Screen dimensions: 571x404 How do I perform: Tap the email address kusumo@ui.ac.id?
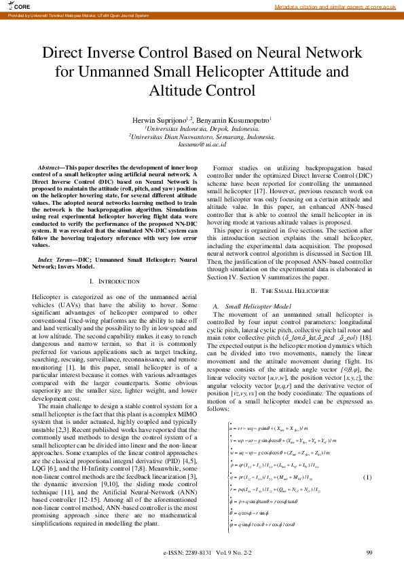point(202,144)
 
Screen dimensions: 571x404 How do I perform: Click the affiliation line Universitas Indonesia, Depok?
point(202,128)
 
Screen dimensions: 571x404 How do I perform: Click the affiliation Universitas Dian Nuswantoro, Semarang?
point(202,136)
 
